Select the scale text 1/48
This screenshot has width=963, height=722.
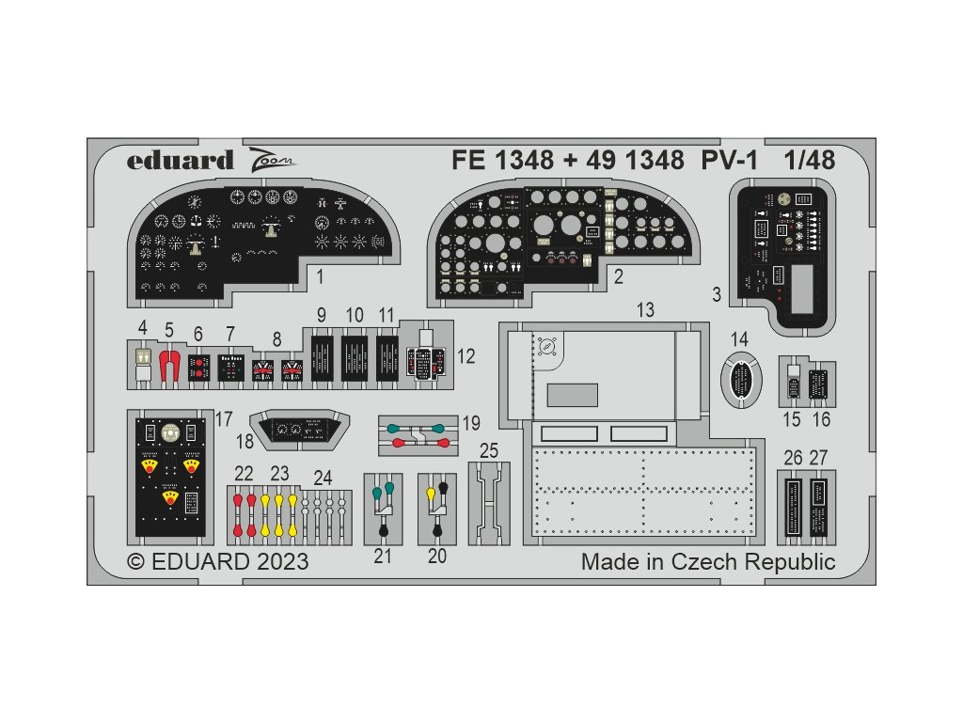808,160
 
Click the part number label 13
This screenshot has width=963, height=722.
644,309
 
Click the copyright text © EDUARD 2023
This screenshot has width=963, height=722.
217,562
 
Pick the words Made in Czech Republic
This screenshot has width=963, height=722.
707,562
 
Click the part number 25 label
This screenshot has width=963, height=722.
489,450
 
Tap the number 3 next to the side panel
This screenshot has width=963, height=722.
717,294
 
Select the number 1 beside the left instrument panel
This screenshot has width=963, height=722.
321,277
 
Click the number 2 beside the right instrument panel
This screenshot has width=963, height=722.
618,277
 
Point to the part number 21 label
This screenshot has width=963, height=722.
382,556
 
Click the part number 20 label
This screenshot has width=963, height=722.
436,556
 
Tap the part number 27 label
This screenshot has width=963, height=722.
818,458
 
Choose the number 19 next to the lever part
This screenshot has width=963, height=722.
471,422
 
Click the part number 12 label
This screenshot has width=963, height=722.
466,357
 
